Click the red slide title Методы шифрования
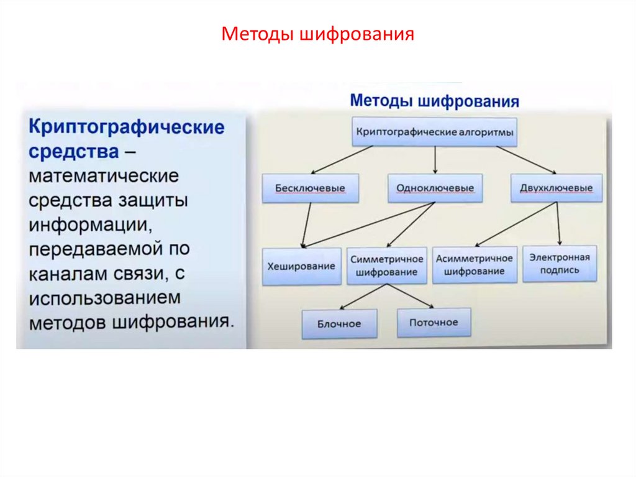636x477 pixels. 317,33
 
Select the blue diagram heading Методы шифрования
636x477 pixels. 434,101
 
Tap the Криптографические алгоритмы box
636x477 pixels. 434,131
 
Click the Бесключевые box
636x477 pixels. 310,188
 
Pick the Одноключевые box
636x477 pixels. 435,188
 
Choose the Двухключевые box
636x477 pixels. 556,188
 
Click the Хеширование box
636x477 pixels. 301,266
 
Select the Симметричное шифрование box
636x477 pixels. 386,266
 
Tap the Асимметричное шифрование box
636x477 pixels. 475,265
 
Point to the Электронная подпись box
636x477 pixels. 560,264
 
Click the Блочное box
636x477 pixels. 339,323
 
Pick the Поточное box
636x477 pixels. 434,322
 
